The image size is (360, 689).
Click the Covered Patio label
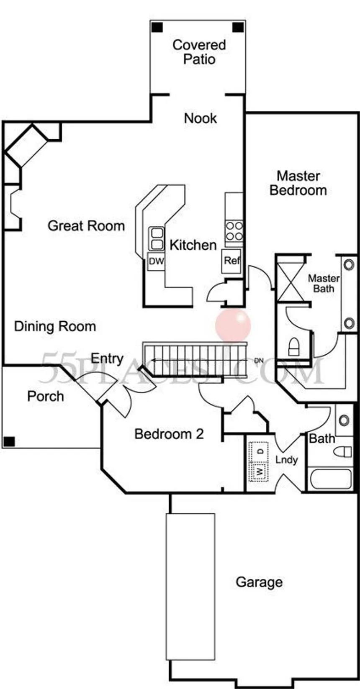[199, 52]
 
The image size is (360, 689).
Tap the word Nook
[201, 118]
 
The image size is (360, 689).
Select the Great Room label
[86, 226]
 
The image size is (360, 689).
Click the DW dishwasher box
[156, 261]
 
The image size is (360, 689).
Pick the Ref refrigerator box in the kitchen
[232, 261]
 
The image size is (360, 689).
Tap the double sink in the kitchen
[156, 239]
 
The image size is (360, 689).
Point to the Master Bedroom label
[298, 183]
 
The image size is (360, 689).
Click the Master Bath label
[324, 284]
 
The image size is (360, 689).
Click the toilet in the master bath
[294, 347]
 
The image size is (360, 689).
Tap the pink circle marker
[233, 325]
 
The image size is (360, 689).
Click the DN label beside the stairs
[259, 361]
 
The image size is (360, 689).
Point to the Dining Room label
[55, 326]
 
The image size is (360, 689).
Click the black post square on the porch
[9, 442]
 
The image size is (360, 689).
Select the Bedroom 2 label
[169, 434]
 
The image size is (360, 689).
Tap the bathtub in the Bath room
[330, 479]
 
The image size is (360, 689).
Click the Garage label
[259, 582]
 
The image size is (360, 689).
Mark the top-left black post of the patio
[157, 27]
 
